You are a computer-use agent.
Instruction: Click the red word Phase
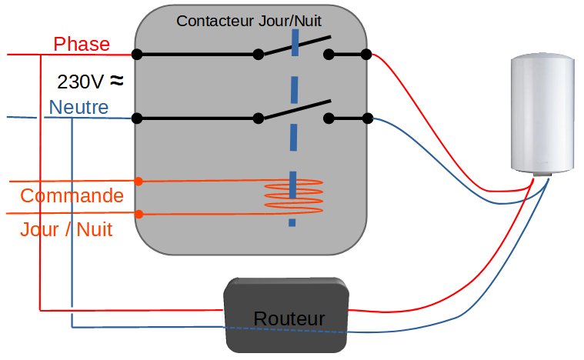(x=82, y=45)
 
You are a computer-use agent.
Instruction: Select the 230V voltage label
(x=80, y=81)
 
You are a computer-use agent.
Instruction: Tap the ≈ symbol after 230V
(x=116, y=79)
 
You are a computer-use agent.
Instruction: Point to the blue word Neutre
(x=78, y=107)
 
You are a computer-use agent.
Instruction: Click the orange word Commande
(x=72, y=195)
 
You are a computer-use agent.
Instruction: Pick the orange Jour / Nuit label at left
(x=66, y=228)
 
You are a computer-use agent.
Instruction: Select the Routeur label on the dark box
(x=289, y=318)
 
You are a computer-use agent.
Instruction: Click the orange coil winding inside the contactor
(x=293, y=197)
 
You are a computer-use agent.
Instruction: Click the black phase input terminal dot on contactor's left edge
(x=137, y=55)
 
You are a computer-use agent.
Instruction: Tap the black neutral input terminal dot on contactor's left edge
(x=137, y=118)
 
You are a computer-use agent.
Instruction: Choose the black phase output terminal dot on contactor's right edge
(x=367, y=55)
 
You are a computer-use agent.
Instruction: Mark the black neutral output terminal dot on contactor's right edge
(x=367, y=118)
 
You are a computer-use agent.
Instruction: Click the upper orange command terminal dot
(x=138, y=182)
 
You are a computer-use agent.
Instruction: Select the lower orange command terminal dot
(x=138, y=214)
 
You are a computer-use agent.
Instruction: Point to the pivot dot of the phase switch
(x=259, y=55)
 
